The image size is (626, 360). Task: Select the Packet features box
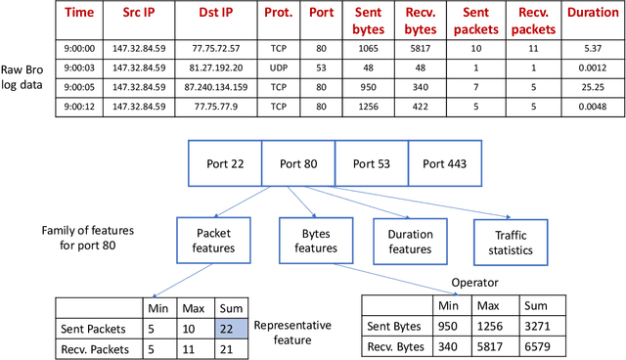pyautogui.click(x=213, y=241)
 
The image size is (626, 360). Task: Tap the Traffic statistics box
pyautogui.click(x=508, y=242)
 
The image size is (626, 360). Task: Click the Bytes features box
pyautogui.click(x=311, y=241)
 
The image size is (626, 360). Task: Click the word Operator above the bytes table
pyautogui.click(x=475, y=283)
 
